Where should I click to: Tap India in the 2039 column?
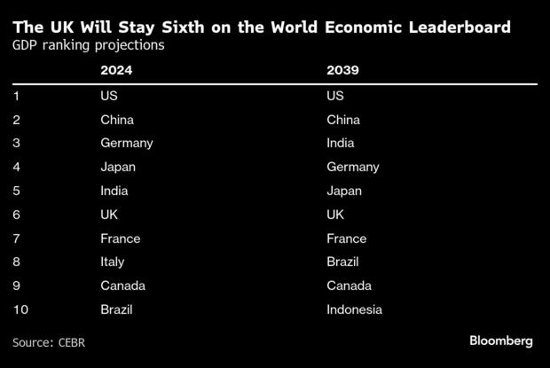(x=341, y=143)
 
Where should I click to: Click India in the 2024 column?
(x=114, y=191)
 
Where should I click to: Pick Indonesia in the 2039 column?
(x=354, y=309)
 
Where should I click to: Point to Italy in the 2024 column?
(x=113, y=262)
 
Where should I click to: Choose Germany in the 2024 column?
(x=127, y=143)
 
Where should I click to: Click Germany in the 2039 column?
(x=353, y=167)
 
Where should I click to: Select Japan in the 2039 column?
(x=345, y=191)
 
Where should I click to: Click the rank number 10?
(x=20, y=309)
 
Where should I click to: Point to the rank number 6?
(x=17, y=215)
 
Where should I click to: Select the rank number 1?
(x=17, y=95)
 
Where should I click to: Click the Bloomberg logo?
(x=500, y=341)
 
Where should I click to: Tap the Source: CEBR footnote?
(x=48, y=341)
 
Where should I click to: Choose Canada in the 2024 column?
(x=122, y=286)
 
